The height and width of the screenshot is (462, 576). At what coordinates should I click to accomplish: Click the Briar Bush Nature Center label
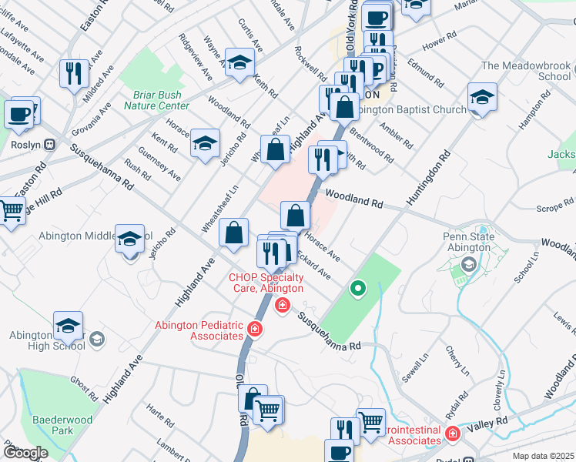click(156, 100)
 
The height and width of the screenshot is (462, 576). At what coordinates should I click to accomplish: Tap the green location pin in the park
click(357, 290)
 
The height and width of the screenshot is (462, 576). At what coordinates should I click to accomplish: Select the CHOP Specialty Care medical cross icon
click(283, 306)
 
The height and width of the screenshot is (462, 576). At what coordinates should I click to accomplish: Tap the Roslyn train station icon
click(51, 144)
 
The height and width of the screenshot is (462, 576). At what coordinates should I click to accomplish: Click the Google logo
click(25, 454)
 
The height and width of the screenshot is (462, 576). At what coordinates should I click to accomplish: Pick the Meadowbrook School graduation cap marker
click(482, 98)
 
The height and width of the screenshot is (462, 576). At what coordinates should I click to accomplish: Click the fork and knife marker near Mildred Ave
click(74, 73)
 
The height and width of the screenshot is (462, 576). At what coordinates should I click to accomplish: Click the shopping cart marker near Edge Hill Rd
click(11, 210)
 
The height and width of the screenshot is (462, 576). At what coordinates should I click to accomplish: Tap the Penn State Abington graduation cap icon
click(467, 266)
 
